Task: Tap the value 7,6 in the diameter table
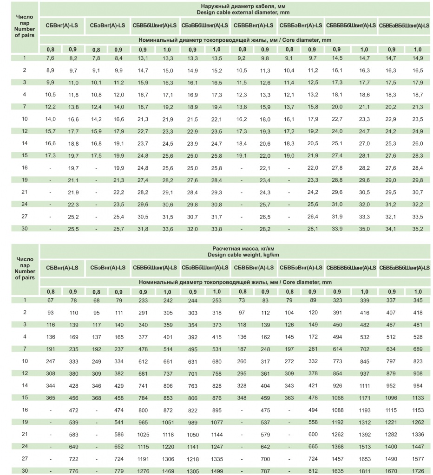point(51,58)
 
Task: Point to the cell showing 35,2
point(418,228)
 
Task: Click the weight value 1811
point(364,471)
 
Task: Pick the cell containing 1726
point(418,471)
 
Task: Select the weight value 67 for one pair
point(51,301)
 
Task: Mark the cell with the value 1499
point(216,471)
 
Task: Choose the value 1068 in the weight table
point(338,398)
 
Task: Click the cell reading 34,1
point(392,228)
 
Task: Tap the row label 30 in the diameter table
point(25,228)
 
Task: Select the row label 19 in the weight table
point(25,422)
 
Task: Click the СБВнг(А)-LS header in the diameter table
point(62,25)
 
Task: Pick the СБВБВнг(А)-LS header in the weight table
point(254,268)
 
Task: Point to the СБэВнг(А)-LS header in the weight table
point(107,268)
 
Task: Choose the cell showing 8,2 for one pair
point(73,58)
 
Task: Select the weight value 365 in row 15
point(51,398)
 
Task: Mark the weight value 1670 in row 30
point(392,471)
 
